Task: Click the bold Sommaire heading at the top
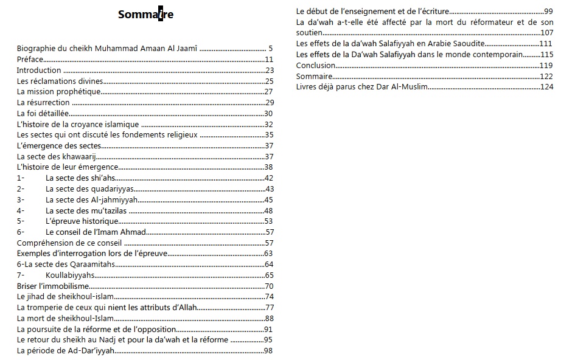tap(145, 15)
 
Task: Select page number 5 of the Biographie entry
tap(270, 48)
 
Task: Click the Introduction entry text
tap(39, 70)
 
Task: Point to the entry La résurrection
tap(43, 103)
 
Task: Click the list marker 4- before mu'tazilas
tap(21, 210)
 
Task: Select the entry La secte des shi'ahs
tap(80, 178)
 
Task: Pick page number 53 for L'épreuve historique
tap(269, 221)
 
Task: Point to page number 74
tap(269, 297)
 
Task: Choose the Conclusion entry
tap(316, 65)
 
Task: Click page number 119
tap(546, 65)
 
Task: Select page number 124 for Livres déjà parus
tap(546, 87)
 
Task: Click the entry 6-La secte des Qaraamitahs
tap(65, 264)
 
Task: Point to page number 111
tap(546, 44)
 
